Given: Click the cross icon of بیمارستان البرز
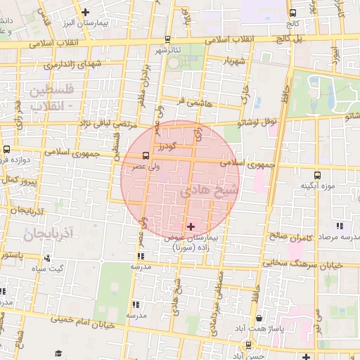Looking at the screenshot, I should (x=86, y=12).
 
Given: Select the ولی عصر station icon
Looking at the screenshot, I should (x=146, y=155).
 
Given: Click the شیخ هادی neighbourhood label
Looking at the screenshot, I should (x=210, y=191).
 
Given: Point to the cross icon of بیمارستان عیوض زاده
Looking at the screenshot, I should (x=191, y=226).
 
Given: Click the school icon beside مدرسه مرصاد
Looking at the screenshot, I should (x=340, y=226).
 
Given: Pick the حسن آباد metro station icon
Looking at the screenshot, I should (x=248, y=345).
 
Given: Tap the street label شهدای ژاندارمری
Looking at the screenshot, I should (x=72, y=65).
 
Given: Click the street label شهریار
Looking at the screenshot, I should (x=231, y=61).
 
